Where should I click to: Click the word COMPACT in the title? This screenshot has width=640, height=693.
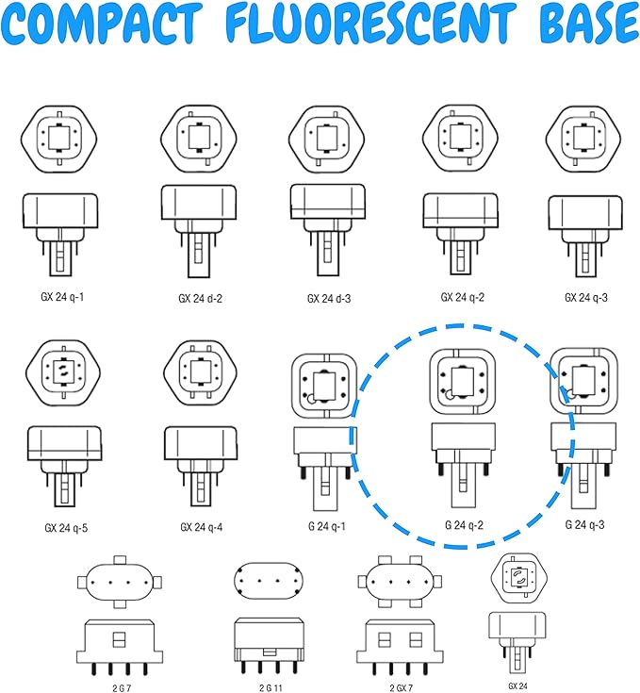(101, 25)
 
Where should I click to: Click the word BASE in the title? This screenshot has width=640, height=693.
(590, 25)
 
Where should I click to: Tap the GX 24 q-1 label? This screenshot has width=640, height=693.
(62, 297)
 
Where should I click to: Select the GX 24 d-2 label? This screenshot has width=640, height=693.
(200, 299)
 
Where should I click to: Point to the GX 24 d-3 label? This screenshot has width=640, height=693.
(329, 299)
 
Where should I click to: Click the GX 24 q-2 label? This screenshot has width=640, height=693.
(463, 297)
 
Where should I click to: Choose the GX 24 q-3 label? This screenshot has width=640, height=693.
(585, 298)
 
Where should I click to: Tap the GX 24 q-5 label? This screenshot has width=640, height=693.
(66, 528)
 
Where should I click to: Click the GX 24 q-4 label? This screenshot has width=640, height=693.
(202, 527)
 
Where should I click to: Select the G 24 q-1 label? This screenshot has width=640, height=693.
(327, 526)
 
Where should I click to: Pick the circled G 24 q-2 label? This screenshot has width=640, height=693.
(464, 525)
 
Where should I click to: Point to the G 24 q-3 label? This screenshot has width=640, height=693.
(584, 524)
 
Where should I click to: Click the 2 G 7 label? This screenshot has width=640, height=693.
(122, 688)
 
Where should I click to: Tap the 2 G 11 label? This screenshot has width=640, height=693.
(271, 688)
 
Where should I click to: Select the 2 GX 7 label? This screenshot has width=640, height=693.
(401, 688)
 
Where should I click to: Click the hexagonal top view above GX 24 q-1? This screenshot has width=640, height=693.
(58, 139)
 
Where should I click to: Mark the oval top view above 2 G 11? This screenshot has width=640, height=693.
(269, 581)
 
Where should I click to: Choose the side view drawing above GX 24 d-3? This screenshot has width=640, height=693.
(328, 230)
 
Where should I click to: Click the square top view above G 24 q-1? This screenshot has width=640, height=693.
(324, 386)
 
